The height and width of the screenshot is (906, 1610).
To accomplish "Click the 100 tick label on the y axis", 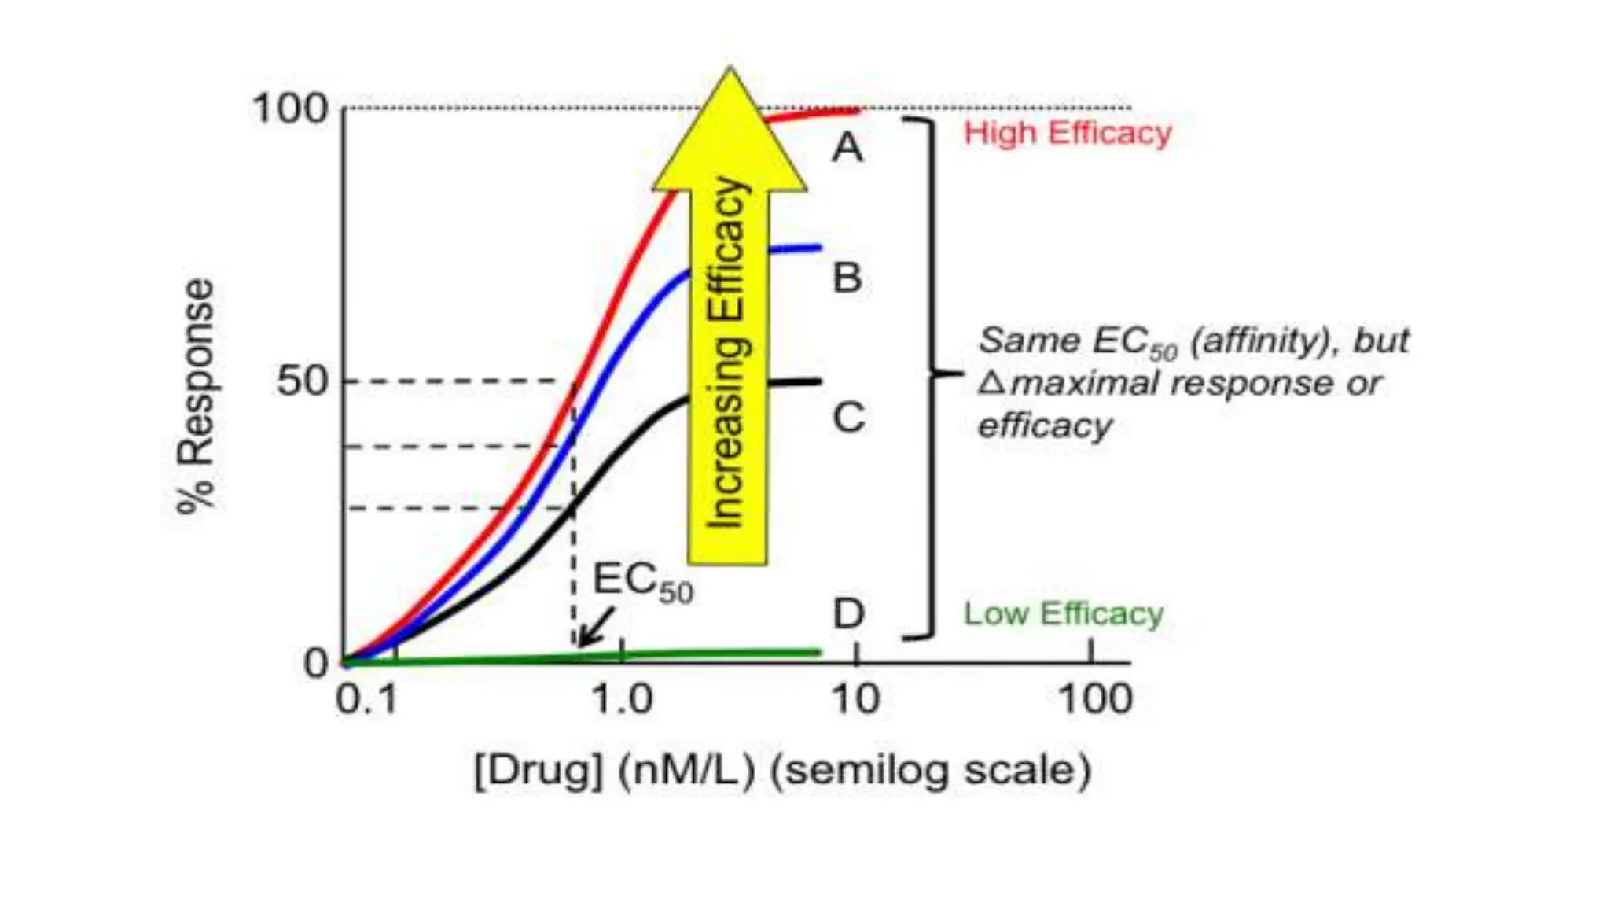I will pyautogui.click(x=289, y=109).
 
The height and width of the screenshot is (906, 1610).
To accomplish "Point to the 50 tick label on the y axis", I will pyautogui.click(x=302, y=382).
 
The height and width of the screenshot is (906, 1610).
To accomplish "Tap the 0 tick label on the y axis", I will pyautogui.click(x=316, y=663).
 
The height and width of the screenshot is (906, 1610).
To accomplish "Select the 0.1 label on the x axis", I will pyautogui.click(x=366, y=699).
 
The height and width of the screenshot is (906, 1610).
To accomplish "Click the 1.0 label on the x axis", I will pyautogui.click(x=622, y=699).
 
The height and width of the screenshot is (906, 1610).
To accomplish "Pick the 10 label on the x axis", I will pyautogui.click(x=855, y=699).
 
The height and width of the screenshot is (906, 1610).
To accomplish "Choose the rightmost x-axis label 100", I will pyautogui.click(x=1095, y=699).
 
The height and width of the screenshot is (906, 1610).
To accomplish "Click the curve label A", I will pyautogui.click(x=847, y=147).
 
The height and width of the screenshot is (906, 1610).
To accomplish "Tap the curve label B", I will pyautogui.click(x=847, y=278).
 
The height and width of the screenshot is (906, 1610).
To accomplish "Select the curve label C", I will pyautogui.click(x=848, y=417).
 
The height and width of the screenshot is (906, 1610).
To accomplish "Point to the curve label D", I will pyautogui.click(x=848, y=613).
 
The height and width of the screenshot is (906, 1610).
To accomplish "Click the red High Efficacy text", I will pyautogui.click(x=1067, y=133).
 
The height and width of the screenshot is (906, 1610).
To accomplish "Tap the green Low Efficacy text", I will pyautogui.click(x=1063, y=613).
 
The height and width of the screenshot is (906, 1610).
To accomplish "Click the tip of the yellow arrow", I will pyautogui.click(x=730, y=71).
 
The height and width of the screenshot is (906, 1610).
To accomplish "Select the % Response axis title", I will pyautogui.click(x=196, y=397).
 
